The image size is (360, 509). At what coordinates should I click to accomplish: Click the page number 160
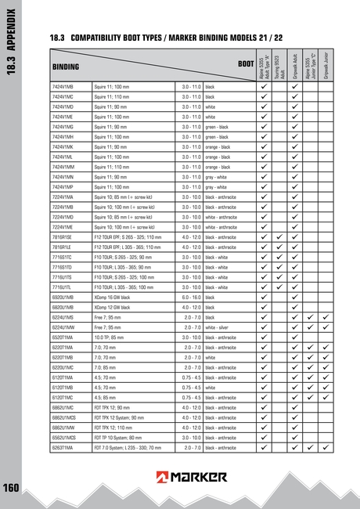pos(11,487)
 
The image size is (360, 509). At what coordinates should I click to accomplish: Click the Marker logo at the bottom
pos(192,476)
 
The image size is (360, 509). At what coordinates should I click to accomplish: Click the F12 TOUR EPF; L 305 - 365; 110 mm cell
pos(128,247)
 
